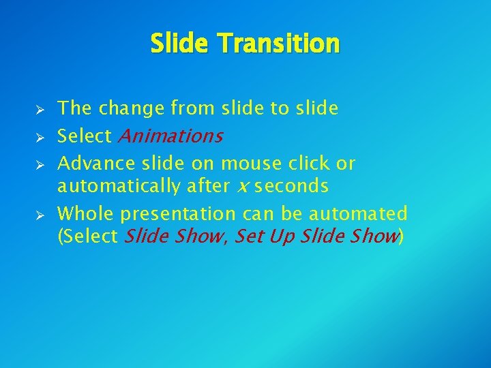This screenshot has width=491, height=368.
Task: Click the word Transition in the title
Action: pyautogui.click(x=279, y=44)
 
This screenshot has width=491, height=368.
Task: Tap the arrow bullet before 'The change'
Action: pyautogui.click(x=40, y=110)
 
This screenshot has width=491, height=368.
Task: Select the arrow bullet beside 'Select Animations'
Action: pyautogui.click(x=40, y=138)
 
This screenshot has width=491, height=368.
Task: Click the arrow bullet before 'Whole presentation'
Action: pyautogui.click(x=40, y=215)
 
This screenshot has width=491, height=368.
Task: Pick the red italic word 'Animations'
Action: pyautogui.click(x=170, y=136)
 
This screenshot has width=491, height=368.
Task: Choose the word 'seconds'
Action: pyautogui.click(x=291, y=186)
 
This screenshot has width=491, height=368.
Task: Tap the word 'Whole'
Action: pyautogui.click(x=86, y=214)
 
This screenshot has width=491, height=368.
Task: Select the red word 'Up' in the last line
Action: pyautogui.click(x=286, y=237)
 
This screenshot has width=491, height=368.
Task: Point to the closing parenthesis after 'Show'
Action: pyautogui.click(x=401, y=237)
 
